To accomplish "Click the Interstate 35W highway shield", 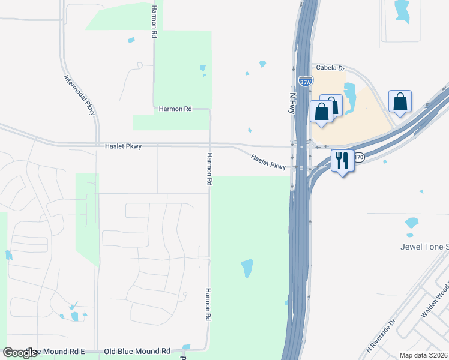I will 305,80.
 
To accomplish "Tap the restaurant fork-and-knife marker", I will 342,160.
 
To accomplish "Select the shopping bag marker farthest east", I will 400,103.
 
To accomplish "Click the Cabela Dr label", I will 330,68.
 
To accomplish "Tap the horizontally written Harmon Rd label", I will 175,109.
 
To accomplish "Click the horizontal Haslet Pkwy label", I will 123,146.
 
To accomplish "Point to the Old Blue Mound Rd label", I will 137,351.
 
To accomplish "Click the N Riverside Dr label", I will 381,335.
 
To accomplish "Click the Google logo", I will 20,353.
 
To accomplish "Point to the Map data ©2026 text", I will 424,355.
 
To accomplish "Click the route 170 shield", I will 359,157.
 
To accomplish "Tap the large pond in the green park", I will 247,268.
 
